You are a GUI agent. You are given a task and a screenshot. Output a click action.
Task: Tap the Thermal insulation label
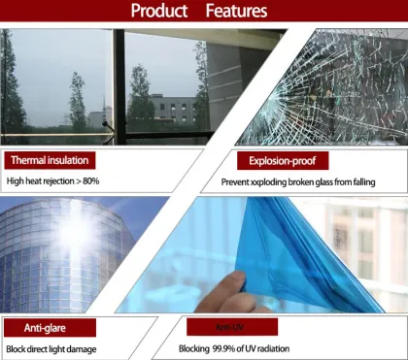[x=50, y=160]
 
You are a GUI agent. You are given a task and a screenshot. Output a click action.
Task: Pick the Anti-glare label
[x=39, y=328]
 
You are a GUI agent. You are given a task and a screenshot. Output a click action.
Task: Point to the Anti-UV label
[x=229, y=326]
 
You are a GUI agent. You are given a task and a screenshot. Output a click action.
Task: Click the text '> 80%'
[x=85, y=180]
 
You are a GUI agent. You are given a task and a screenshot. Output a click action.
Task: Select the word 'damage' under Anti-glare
[x=104, y=348]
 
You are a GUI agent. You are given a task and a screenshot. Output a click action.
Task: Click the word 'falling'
[x=380, y=180]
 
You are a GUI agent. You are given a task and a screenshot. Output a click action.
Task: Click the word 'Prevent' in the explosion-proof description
[x=236, y=180]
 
